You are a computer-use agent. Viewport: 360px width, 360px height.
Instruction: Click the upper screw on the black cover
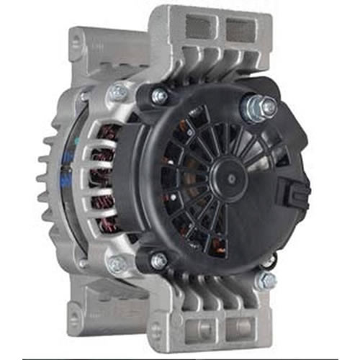[x=159, y=95]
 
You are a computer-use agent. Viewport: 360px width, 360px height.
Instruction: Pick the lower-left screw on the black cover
[x=158, y=261]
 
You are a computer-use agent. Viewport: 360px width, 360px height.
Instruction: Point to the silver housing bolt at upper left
[x=116, y=92]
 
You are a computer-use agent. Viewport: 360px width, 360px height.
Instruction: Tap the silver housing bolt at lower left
[x=116, y=265]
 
